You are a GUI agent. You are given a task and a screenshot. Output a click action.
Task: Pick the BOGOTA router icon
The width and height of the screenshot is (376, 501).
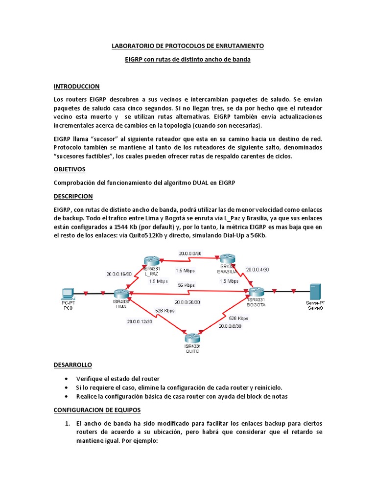(256, 292)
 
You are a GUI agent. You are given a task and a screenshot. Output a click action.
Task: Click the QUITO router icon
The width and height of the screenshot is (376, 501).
(193, 338)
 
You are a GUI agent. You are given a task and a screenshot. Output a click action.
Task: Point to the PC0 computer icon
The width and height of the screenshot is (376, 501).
(67, 293)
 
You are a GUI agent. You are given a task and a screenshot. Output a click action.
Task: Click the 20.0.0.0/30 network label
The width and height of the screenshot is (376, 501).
(191, 253)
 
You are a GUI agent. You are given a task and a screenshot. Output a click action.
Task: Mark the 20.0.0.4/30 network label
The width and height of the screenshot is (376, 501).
(258, 269)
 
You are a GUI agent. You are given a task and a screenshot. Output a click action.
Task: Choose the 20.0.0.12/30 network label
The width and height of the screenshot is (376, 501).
(140, 321)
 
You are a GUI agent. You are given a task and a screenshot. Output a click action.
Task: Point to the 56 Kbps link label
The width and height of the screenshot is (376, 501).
(186, 285)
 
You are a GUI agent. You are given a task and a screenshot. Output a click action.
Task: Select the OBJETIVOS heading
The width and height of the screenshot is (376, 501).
(69, 169)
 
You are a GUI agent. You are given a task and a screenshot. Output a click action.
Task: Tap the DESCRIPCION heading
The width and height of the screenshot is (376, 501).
(73, 196)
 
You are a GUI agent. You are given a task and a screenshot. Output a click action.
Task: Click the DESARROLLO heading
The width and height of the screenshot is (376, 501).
(72, 365)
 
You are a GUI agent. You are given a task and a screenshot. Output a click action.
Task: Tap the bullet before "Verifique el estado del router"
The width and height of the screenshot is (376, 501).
(66, 379)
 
